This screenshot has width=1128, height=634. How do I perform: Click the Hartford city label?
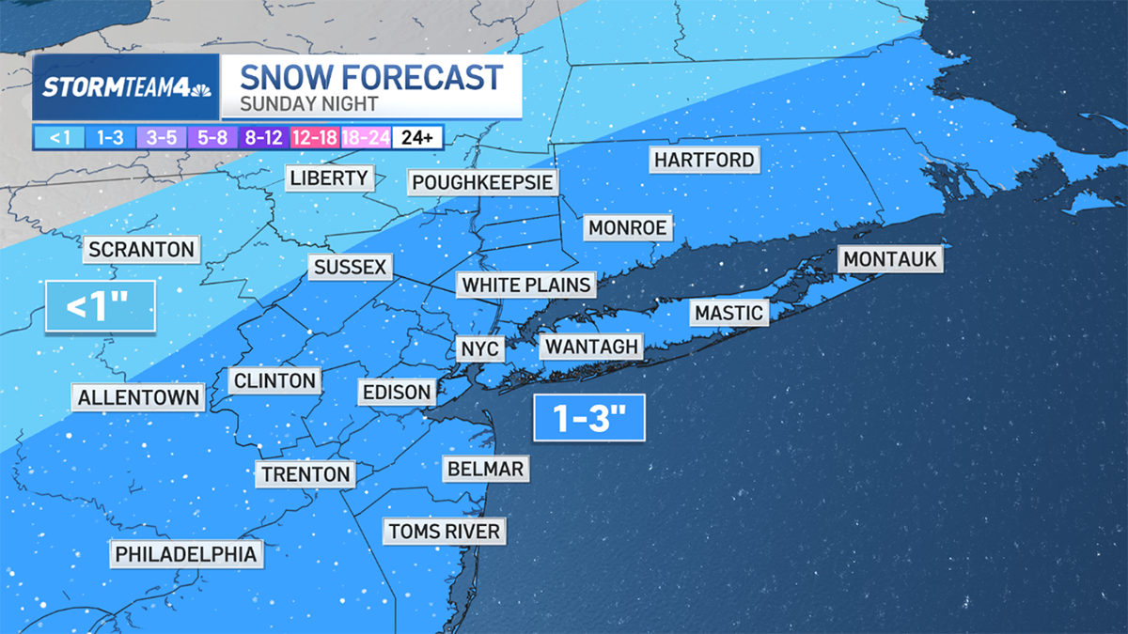pyautogui.click(x=704, y=160)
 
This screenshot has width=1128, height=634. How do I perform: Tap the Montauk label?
pyautogui.click(x=890, y=259)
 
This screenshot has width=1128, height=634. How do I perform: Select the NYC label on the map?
pyautogui.click(x=480, y=349)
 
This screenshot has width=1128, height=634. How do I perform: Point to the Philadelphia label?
pyautogui.click(x=185, y=554)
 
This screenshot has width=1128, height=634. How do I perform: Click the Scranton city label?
pyautogui.click(x=141, y=250)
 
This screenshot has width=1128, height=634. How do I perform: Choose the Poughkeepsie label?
pyautogui.click(x=482, y=181)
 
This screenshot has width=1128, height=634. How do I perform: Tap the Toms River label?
pyautogui.click(x=445, y=532)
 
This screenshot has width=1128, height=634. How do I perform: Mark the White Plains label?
pyautogui.click(x=527, y=285)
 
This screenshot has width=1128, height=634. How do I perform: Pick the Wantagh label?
pyautogui.click(x=591, y=347)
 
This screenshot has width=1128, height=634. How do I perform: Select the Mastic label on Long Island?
pyautogui.click(x=729, y=313)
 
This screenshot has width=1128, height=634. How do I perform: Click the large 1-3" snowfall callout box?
pyautogui.click(x=589, y=419)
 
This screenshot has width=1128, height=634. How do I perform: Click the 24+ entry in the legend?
pyautogui.click(x=416, y=137)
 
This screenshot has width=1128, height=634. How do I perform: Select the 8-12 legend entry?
pyautogui.click(x=264, y=137)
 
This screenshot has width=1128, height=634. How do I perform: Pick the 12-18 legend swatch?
pyautogui.click(x=315, y=137)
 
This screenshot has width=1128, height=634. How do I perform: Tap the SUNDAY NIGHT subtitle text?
pyautogui.click(x=308, y=103)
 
